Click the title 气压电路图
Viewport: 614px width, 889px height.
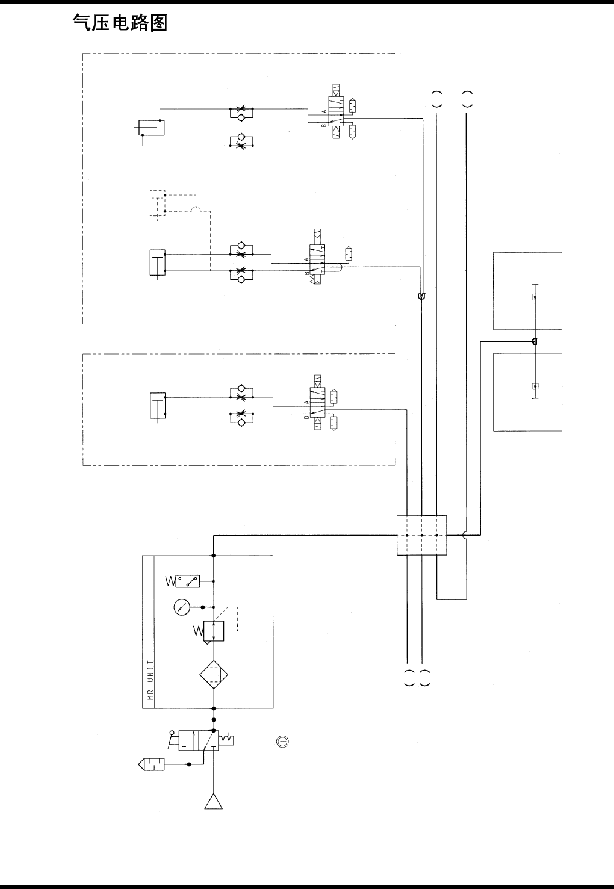click(120, 23)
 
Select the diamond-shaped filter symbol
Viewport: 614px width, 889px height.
click(214, 676)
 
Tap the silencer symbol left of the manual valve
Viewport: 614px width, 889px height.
click(151, 764)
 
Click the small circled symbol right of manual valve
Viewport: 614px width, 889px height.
click(281, 741)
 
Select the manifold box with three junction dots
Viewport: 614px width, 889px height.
click(421, 534)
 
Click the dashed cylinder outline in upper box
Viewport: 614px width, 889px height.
click(157, 203)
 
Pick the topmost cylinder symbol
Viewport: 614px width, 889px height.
click(151, 128)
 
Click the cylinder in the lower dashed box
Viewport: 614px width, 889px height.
click(157, 406)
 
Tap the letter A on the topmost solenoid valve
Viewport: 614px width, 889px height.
click(324, 113)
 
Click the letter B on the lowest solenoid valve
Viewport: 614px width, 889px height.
click(306, 417)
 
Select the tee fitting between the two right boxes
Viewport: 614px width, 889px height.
click(535, 342)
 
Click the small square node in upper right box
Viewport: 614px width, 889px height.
click(535, 297)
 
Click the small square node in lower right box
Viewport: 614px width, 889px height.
click(535, 386)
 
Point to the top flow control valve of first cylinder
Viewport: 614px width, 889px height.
click(241, 113)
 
